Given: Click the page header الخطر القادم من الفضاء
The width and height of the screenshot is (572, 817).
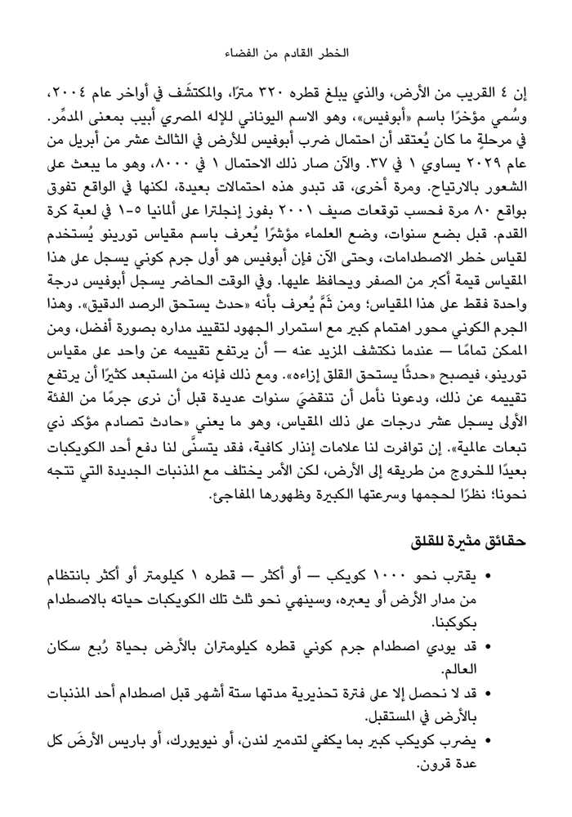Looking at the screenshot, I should point(285,51).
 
